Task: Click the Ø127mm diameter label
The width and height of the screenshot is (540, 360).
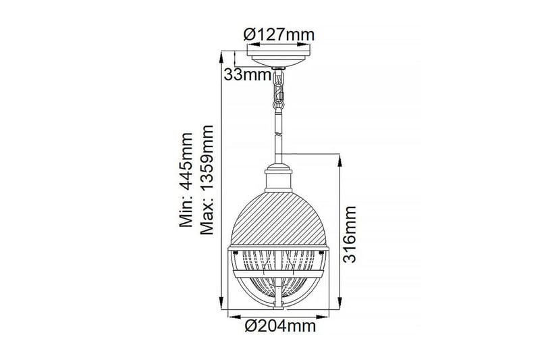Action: tap(278, 33)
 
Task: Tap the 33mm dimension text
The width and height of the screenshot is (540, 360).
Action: tap(247, 75)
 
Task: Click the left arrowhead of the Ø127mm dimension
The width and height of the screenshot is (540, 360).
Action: tap(248, 45)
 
